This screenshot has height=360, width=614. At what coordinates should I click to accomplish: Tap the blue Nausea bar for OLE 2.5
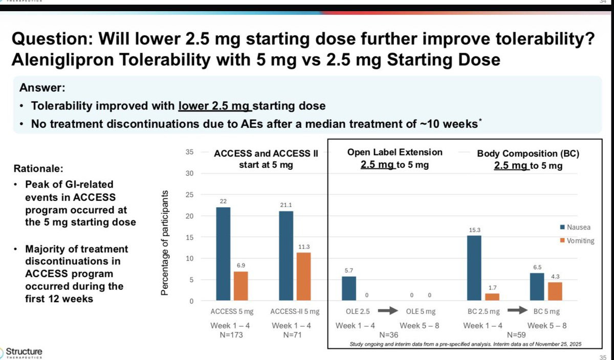pos(349,288)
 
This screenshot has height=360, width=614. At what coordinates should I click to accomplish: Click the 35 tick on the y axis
pos(189,152)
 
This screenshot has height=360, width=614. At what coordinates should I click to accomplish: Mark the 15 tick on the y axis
pos(189,237)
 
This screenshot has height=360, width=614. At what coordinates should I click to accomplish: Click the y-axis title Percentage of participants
pos(165,243)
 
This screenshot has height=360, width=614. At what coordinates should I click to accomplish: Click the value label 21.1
pos(285,205)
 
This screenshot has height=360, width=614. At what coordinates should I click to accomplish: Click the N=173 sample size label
pos(223,335)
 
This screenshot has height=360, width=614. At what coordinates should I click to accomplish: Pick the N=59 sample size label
pos(514,335)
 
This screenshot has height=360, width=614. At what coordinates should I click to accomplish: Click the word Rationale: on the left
pos(39,168)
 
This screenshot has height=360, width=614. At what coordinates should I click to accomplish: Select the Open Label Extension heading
pos(394,152)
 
